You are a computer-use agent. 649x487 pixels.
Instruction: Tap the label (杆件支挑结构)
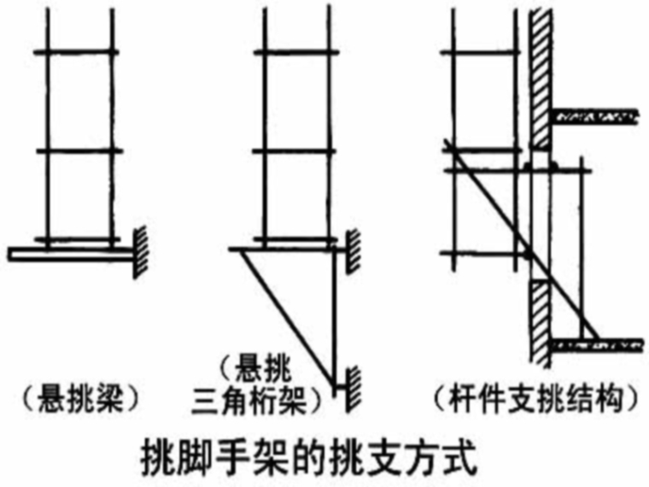533,398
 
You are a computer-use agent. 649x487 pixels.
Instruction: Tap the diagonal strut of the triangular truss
286,316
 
